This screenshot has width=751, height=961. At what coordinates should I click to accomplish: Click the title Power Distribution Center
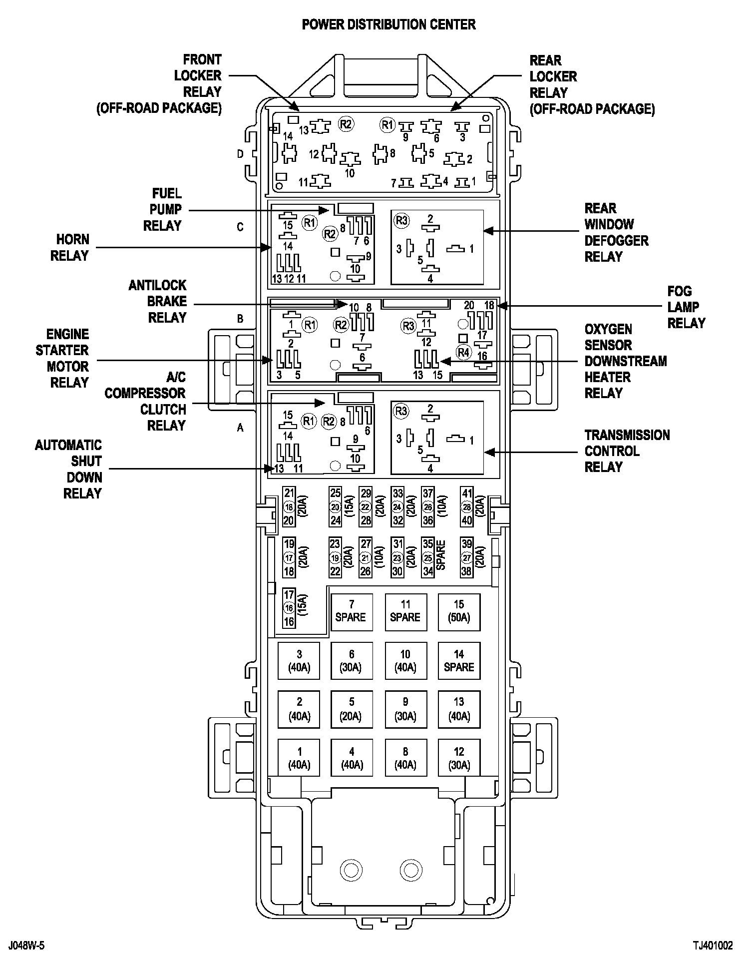[388, 24]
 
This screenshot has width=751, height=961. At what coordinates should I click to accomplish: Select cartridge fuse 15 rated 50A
[459, 611]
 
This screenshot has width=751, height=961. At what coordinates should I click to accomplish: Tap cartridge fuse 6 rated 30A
[352, 660]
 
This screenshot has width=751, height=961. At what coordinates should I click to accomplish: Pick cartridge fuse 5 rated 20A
[352, 709]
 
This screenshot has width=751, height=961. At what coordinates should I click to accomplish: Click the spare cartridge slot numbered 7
[352, 611]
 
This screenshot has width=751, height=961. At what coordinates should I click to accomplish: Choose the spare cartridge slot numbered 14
[459, 660]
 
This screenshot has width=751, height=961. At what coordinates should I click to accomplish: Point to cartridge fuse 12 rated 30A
[459, 758]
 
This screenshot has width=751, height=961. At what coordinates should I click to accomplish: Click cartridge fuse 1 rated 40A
[299, 758]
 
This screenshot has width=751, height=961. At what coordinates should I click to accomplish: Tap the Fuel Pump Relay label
[163, 210]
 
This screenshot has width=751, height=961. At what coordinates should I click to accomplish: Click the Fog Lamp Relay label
[687, 307]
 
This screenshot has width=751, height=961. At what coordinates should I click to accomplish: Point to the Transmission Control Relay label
[627, 451]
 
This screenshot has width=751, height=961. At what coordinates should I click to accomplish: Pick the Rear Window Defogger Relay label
[617, 232]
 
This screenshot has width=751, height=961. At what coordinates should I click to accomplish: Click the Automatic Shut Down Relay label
[68, 469]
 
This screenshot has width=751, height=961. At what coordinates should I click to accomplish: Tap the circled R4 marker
[464, 352]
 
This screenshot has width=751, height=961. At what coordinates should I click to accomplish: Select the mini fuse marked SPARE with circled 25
[434, 557]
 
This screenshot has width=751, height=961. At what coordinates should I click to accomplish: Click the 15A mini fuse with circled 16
[296, 608]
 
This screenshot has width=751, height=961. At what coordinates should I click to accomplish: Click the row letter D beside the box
[240, 154]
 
